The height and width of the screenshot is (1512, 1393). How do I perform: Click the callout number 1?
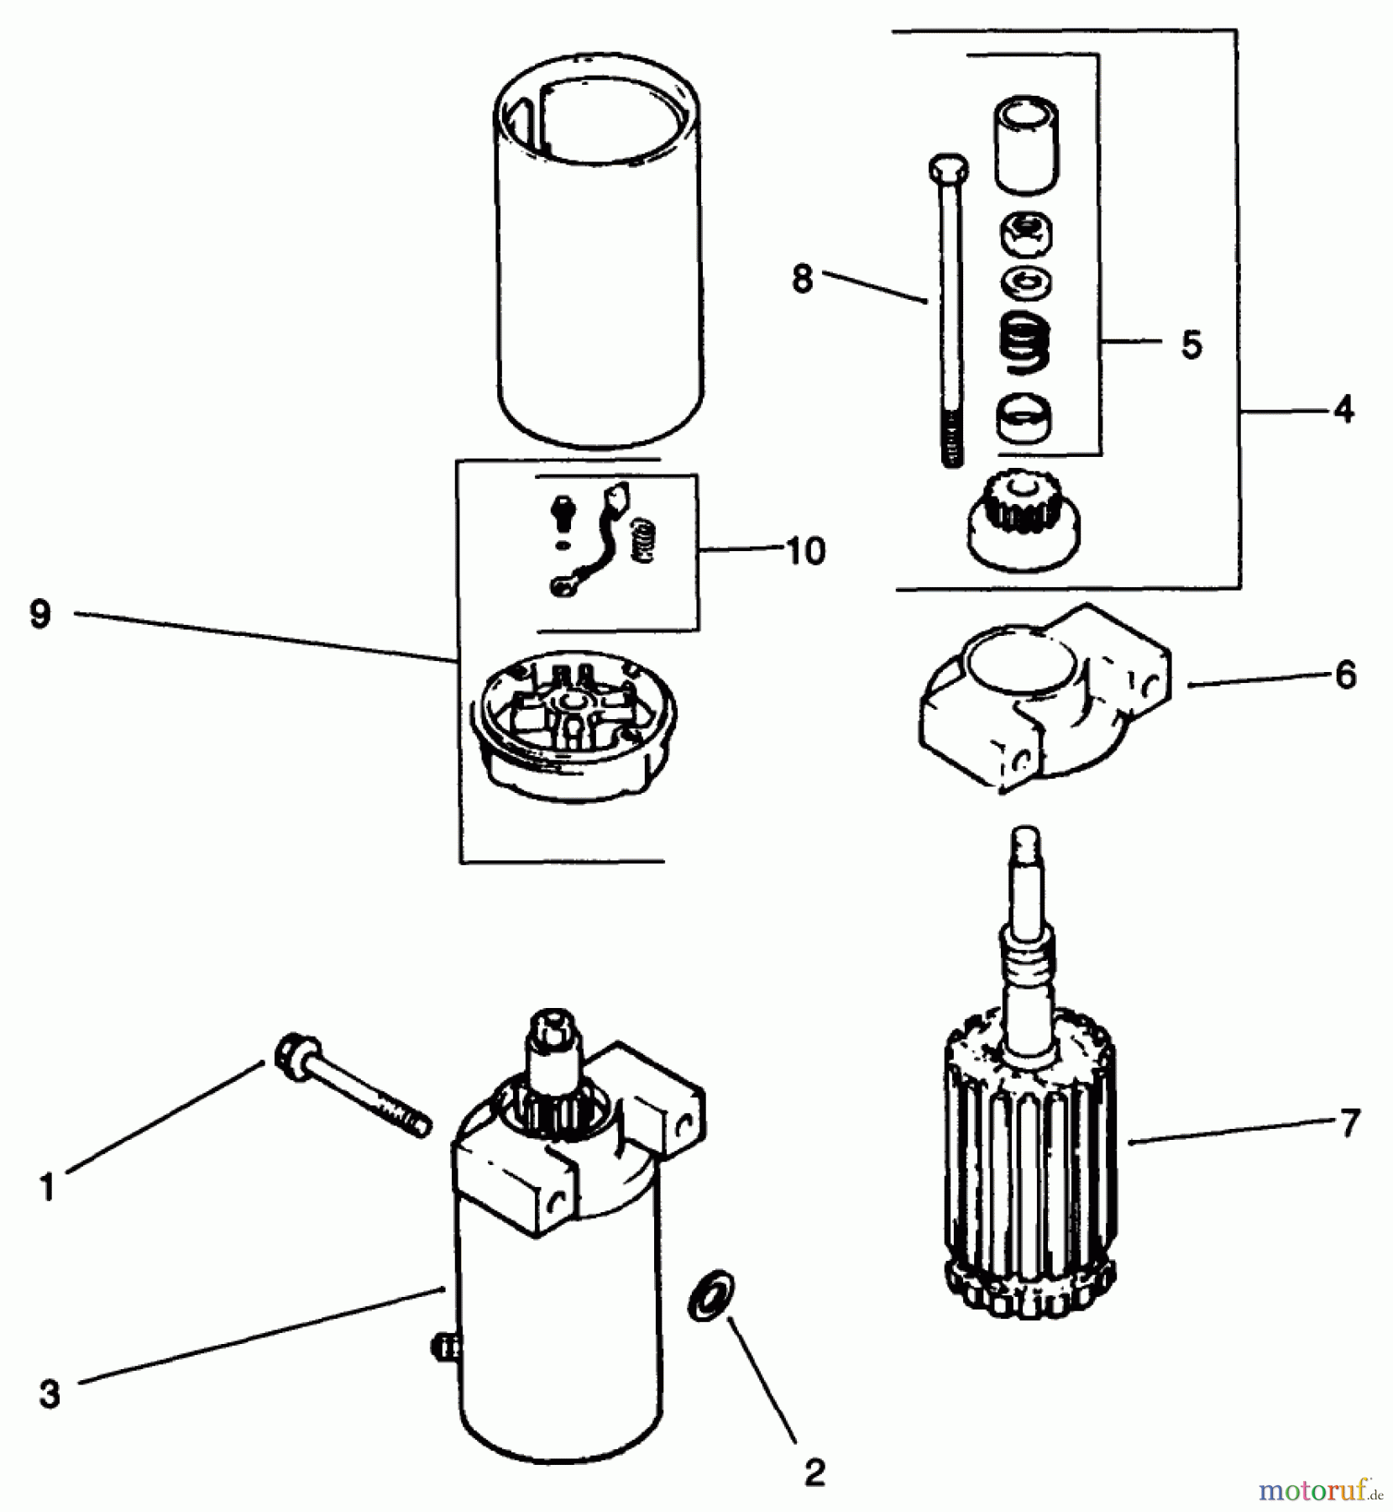pyautogui.click(x=47, y=1188)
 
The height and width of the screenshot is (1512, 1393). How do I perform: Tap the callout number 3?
pyautogui.click(x=50, y=1394)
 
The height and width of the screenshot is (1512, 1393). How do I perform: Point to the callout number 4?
pyautogui.click(x=1343, y=410)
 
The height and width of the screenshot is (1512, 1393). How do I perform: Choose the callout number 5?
pyautogui.click(x=1191, y=344)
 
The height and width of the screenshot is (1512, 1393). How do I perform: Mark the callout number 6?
pyautogui.click(x=1345, y=675)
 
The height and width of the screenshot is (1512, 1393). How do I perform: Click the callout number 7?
pyautogui.click(x=1349, y=1123)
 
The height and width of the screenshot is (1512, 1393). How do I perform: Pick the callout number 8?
pyautogui.click(x=803, y=279)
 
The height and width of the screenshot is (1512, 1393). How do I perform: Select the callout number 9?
pyautogui.click(x=40, y=615)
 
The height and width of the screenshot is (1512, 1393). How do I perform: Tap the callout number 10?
pyautogui.click(x=806, y=551)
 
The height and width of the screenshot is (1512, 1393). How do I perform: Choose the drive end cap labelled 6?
pyautogui.click(x=1041, y=697)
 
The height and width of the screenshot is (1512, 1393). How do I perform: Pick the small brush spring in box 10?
pyautogui.click(x=642, y=539)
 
